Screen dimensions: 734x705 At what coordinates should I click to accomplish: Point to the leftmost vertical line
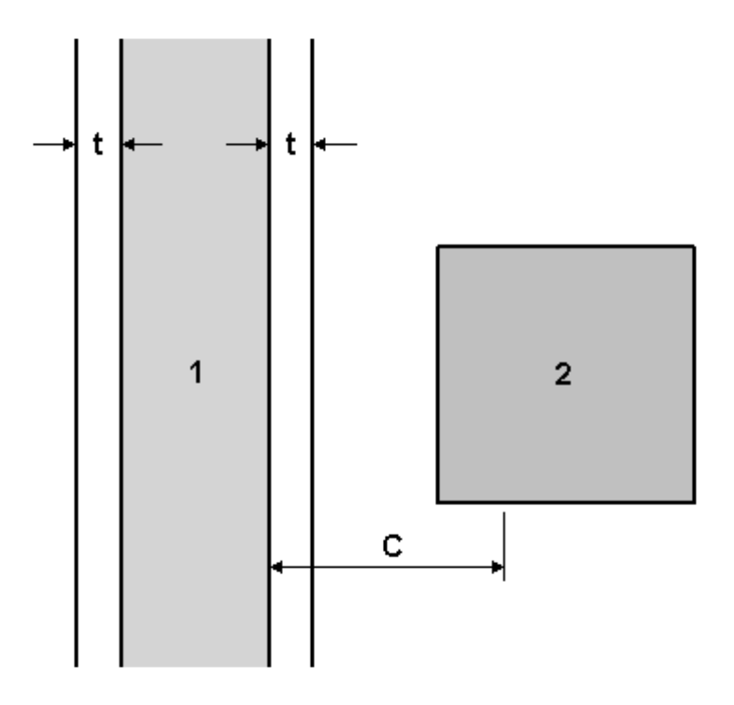coord(77,374)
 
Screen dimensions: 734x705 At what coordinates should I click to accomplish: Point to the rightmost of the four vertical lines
coord(312,374)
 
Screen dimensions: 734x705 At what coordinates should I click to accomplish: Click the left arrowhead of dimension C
coord(276,566)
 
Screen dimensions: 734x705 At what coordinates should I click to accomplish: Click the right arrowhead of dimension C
coord(497,566)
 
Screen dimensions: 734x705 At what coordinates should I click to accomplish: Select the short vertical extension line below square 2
coord(504,546)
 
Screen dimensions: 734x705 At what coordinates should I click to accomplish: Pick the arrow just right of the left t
coord(141,145)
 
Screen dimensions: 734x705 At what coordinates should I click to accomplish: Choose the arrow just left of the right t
coord(247,145)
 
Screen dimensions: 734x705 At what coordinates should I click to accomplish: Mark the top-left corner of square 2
coord(438,246)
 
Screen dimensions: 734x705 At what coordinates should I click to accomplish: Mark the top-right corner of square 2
coord(694,246)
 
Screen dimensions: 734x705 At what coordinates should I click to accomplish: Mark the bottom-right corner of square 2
coord(694,502)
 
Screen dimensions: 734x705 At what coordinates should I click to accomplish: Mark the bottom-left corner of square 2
coord(438,502)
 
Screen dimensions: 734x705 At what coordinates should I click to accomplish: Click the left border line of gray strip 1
coord(121,374)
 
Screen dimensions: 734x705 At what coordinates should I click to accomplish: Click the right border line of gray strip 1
coord(269,374)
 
